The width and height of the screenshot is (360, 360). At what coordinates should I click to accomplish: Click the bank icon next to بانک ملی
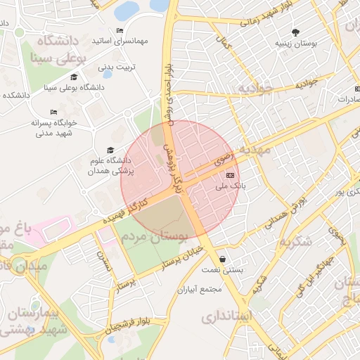tap(230, 176)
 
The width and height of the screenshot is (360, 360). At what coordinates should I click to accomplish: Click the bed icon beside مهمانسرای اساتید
tap(120, 31)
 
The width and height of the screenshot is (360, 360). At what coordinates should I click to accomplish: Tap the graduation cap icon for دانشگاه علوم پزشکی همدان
tap(110, 150)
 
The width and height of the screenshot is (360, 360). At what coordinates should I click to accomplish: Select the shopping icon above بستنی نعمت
tap(222, 259)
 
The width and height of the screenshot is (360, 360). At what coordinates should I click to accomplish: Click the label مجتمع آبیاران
tap(200, 289)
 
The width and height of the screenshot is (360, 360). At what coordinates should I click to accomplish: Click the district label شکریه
tap(295, 241)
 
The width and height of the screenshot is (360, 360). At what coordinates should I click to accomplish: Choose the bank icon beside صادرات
tap(356, 89)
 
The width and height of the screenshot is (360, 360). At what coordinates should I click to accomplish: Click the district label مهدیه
tap(255, 150)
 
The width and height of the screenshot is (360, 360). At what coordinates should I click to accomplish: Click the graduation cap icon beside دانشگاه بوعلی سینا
tap(74, 77)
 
